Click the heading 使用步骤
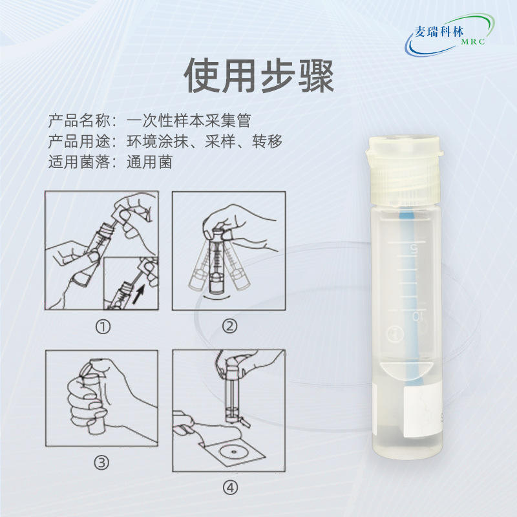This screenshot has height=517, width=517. coord(259,76)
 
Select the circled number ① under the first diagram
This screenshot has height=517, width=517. coord(103,327)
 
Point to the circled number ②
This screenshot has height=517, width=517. coord(229,326)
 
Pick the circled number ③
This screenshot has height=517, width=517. coord(101,463)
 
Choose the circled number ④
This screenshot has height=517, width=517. coord(230,488)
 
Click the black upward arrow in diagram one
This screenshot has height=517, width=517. coord(139,294)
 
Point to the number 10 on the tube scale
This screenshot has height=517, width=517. coord(418,317)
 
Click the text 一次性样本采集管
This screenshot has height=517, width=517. coord(189,121)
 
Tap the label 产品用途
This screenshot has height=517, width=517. coord(79,142)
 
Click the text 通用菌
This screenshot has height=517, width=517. coord(150,162)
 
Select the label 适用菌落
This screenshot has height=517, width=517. coord(79,162)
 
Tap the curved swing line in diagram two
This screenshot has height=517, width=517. coord(216,298)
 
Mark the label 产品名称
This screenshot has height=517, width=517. coord(79,121)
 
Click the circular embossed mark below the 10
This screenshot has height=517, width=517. coord(395,333)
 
